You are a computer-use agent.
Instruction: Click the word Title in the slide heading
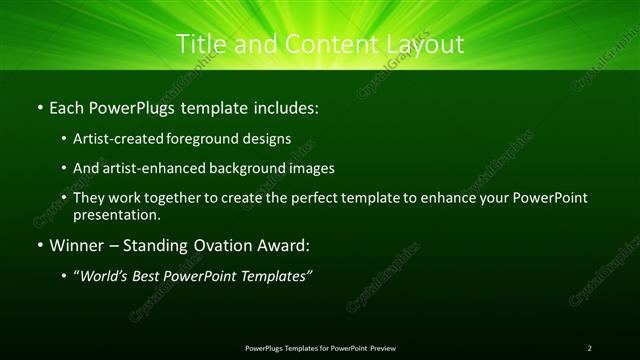click(x=199, y=45)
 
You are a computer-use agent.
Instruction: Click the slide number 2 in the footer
click(x=589, y=348)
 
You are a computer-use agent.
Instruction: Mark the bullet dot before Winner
click(x=39, y=245)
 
